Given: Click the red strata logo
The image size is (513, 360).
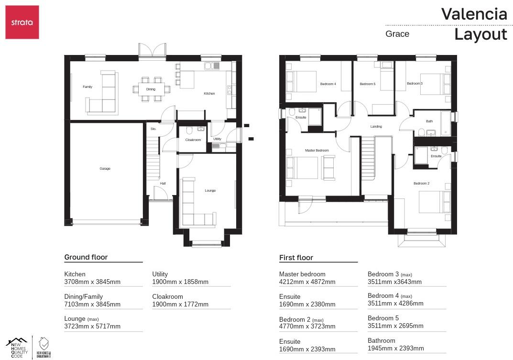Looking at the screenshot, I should click(x=22, y=22).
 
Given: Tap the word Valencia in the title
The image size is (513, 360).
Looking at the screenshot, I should click(x=474, y=14).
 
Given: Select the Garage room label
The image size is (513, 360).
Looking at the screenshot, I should click(x=105, y=169).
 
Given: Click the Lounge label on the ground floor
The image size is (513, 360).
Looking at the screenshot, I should click(x=210, y=191).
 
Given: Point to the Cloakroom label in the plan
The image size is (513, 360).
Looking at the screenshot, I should click(x=193, y=140).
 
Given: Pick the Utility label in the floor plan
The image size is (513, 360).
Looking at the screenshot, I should click(x=217, y=139).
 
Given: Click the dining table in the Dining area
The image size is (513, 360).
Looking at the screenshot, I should click(x=151, y=89).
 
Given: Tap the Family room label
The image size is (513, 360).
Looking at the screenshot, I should click(x=87, y=87).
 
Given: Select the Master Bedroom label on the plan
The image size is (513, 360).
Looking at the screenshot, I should click(x=317, y=151).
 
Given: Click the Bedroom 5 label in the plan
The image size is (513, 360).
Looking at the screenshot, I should click(x=367, y=84).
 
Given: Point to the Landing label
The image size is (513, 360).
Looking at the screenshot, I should click(x=376, y=127).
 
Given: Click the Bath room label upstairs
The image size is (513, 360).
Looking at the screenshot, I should click(x=429, y=121).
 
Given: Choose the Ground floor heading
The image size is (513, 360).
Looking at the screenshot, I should click(x=86, y=257).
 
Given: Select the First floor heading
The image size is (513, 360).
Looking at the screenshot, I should click(x=296, y=258).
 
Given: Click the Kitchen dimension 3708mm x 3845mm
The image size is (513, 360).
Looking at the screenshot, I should click(x=92, y=282).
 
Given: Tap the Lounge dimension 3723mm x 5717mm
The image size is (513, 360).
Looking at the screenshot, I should click(x=92, y=327).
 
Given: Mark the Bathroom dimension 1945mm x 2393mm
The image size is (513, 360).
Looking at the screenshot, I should click(x=395, y=349).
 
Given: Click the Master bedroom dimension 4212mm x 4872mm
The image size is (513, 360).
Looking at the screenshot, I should click(x=307, y=282).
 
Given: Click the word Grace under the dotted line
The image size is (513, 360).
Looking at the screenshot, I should click(x=397, y=34).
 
